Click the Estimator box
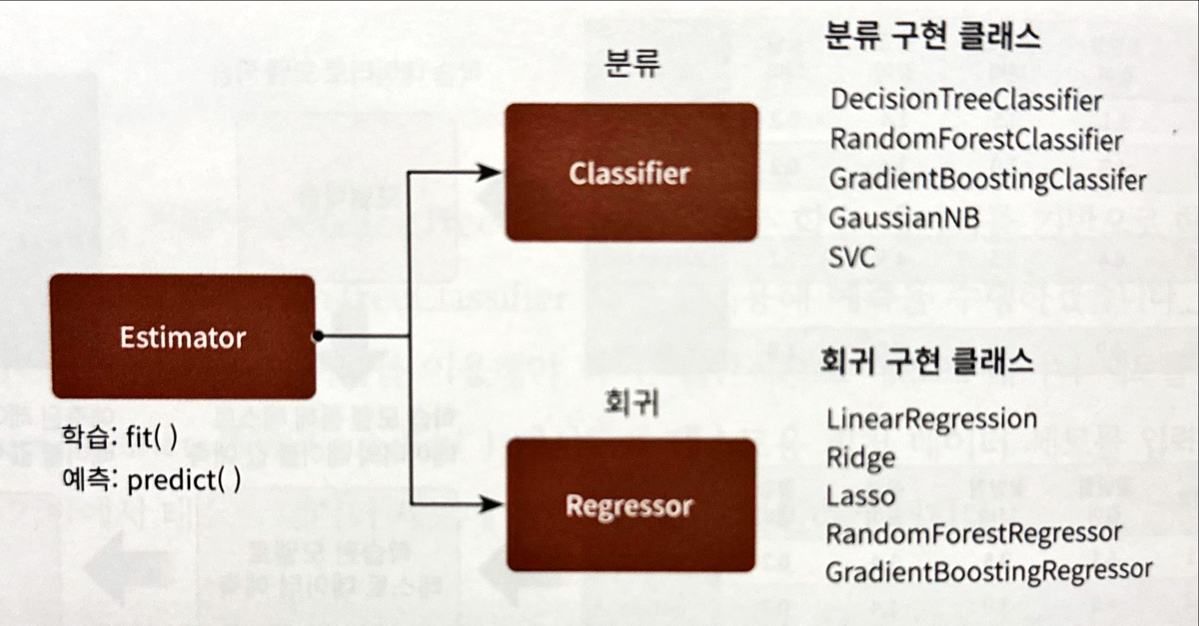183,337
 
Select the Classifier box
631,173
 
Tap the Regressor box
630,505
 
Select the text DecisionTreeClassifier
966,100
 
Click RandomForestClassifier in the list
976,140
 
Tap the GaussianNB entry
904,218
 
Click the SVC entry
852,257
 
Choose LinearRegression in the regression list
932,420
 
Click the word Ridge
860,458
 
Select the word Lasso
860,496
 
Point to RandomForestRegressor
974,533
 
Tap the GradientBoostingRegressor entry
989,571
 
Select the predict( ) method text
184,481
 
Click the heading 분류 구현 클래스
932,37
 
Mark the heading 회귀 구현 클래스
927,361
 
